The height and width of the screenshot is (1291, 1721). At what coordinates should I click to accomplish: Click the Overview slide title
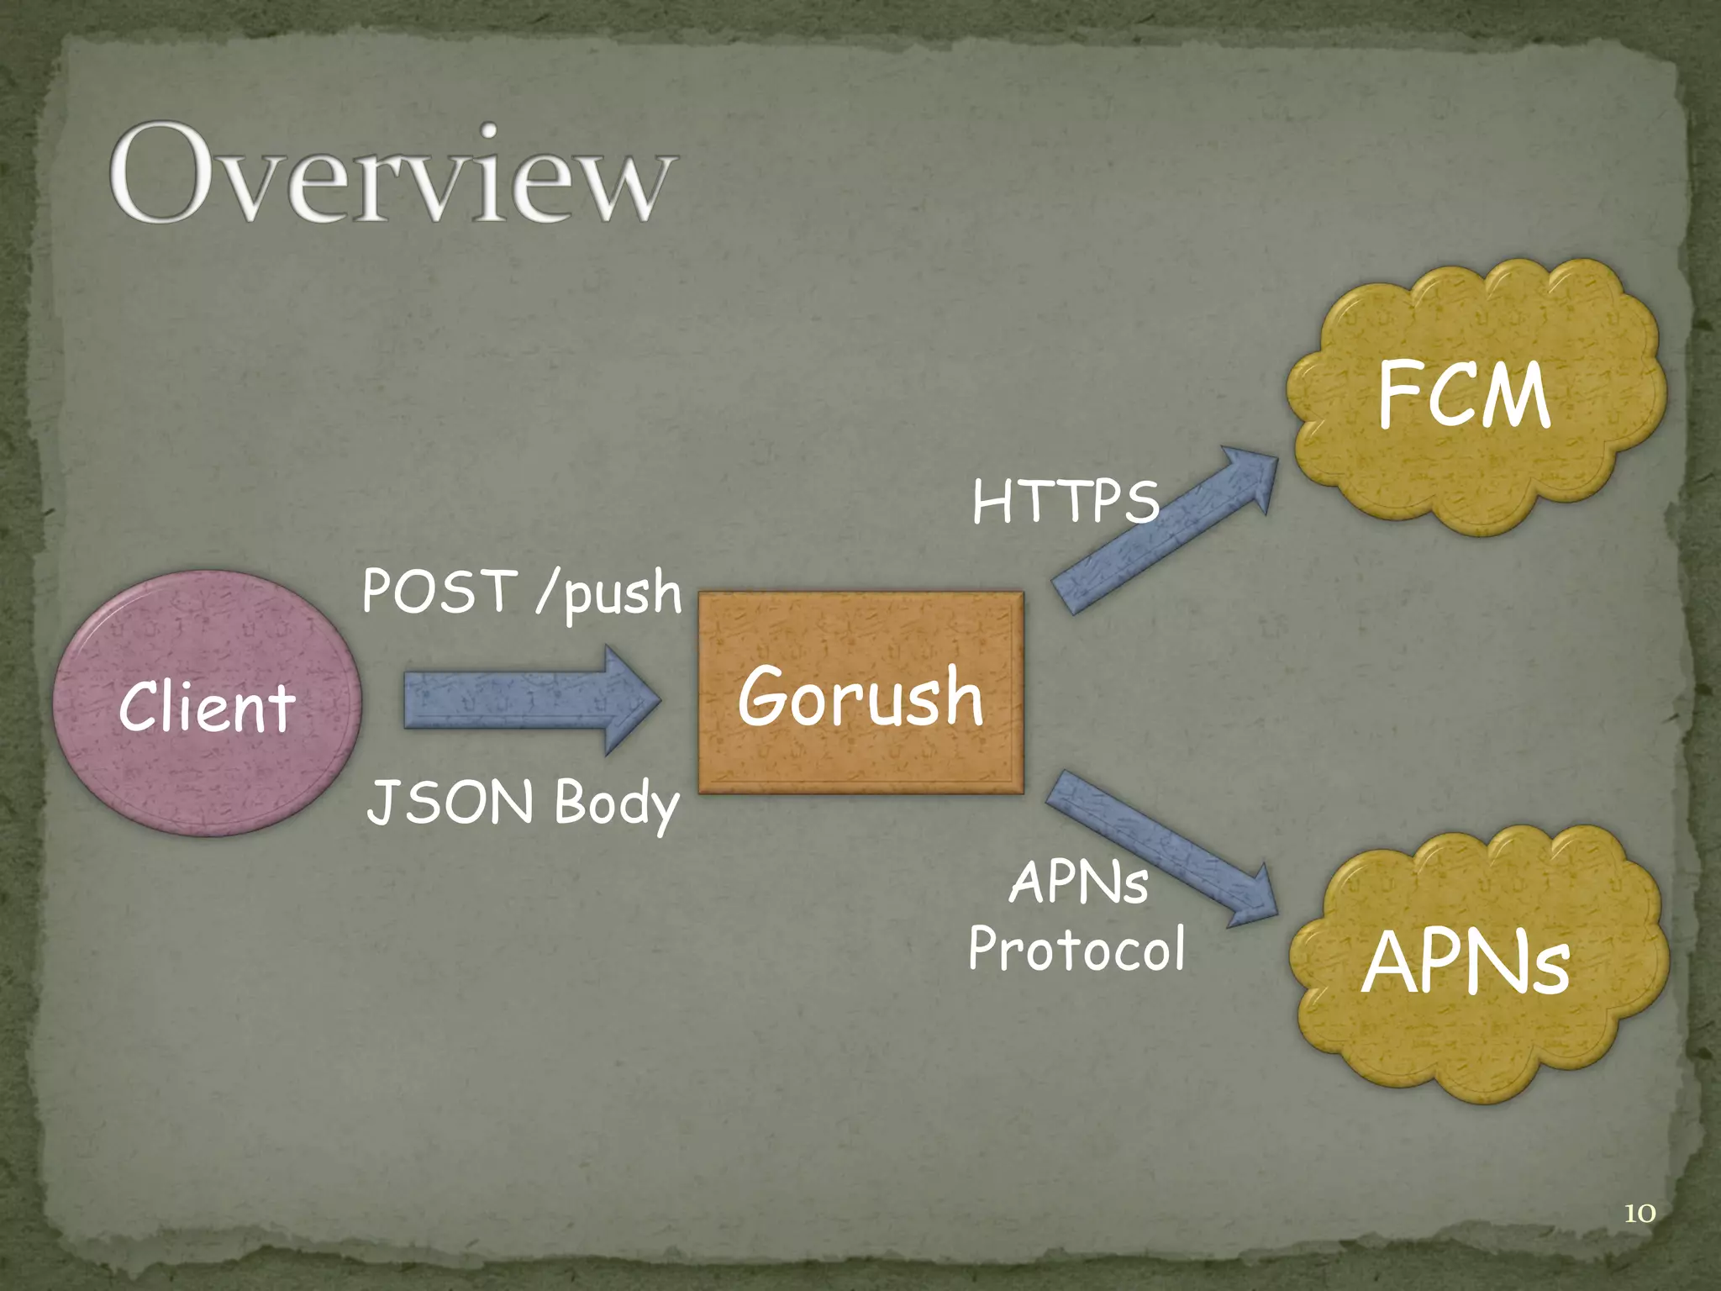pos(392,174)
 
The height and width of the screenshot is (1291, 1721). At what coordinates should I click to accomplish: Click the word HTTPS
pos(1065,503)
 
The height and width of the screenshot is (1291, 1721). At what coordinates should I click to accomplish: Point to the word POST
pos(439,591)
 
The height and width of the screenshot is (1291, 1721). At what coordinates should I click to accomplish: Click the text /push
pos(608,593)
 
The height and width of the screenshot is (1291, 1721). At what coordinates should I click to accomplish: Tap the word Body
pos(616,804)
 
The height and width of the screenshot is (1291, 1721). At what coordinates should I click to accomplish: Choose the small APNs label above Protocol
pos(1078,884)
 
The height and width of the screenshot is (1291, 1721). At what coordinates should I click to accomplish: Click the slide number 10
pos(1639,1213)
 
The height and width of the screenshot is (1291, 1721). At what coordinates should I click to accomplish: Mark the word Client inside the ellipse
pos(207,708)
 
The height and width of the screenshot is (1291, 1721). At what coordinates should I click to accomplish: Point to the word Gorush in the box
pos(860,697)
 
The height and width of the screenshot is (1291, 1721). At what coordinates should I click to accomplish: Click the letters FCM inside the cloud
pos(1463,394)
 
